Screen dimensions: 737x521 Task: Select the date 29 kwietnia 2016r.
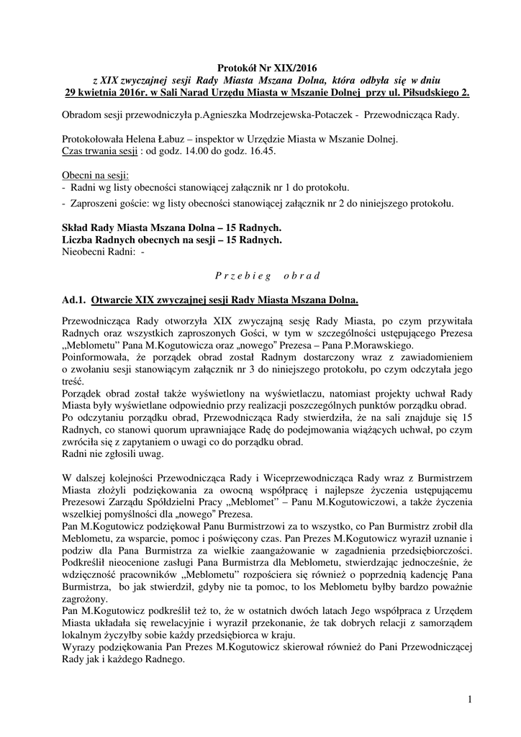(x=107, y=92)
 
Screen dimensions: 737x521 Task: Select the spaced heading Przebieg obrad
(x=260, y=275)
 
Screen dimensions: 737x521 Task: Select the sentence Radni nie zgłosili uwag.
(x=114, y=453)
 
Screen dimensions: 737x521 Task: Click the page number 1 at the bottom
(x=468, y=700)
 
